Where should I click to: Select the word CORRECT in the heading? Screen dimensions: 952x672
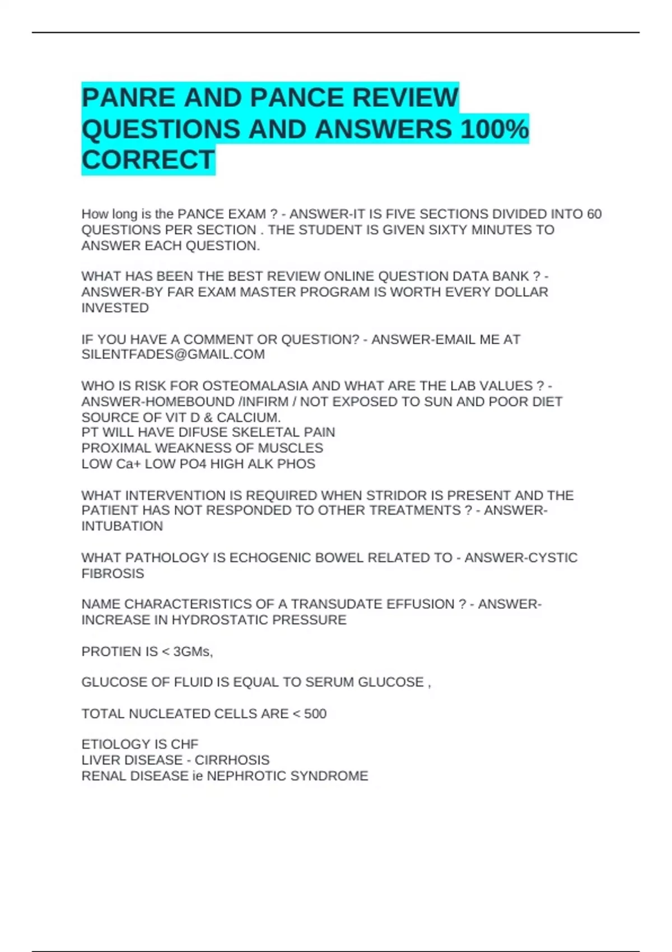[148, 160]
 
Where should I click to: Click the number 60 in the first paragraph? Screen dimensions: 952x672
[594, 214]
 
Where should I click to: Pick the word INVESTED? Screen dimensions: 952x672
[115, 308]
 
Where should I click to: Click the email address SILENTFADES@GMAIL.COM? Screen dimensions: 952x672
[173, 354]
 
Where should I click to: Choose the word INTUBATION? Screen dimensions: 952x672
[122, 526]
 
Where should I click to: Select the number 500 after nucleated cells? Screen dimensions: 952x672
[315, 714]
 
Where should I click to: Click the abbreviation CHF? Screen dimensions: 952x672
[185, 745]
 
